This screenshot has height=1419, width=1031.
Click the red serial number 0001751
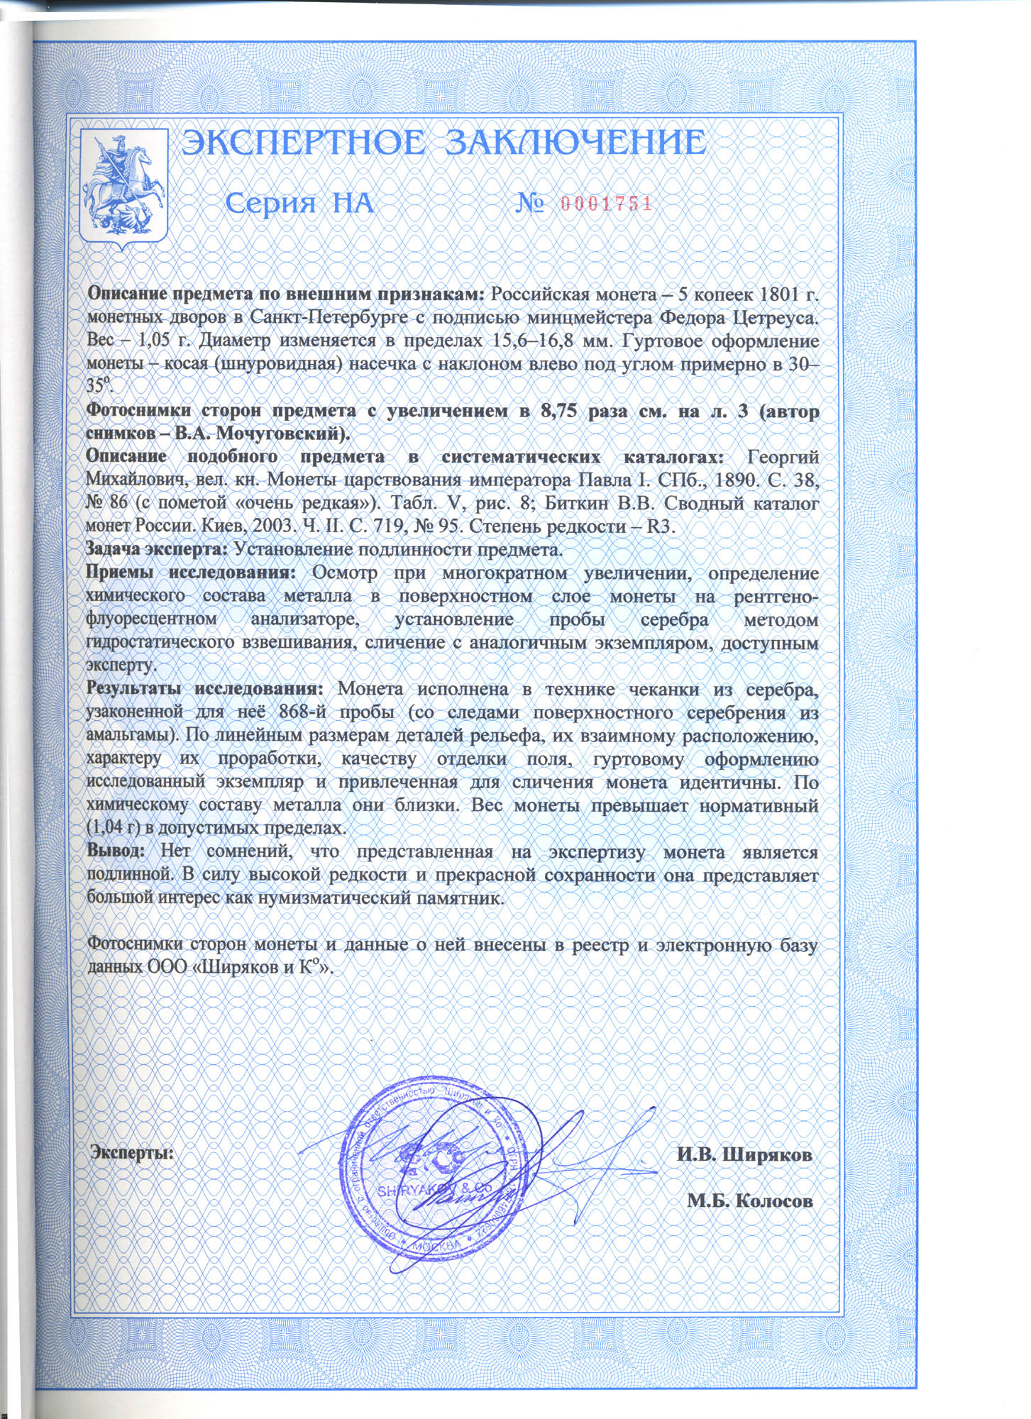(605, 204)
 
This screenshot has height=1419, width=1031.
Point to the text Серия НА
(299, 204)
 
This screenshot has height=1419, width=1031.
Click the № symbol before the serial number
(530, 204)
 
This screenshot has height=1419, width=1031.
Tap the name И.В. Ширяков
(744, 1155)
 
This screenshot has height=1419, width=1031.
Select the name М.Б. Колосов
(750, 1200)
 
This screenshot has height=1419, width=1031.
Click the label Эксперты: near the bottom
(133, 1153)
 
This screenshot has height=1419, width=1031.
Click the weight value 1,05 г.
(151, 341)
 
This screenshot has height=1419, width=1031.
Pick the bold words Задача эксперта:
(157, 549)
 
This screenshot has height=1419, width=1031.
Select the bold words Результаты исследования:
(205, 689)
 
